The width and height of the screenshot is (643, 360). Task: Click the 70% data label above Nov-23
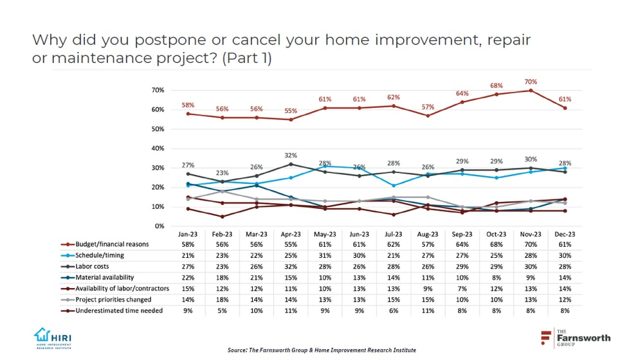530,82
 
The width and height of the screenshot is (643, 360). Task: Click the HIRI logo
54,338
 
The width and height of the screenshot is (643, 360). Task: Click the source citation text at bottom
321,350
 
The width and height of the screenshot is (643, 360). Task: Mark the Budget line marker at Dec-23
565,108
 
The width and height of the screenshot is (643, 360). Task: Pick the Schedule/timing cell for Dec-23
565,255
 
